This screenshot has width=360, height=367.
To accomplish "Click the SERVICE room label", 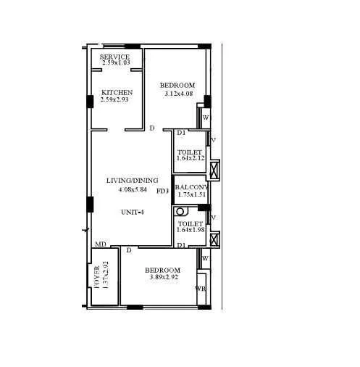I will coord(115,57).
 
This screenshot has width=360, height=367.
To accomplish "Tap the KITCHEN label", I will coord(117,93).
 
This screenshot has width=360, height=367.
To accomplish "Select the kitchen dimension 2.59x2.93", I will coord(117,100).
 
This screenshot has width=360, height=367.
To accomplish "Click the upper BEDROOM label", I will coord(177,86).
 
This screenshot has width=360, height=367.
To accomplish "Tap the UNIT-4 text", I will coord(133,212).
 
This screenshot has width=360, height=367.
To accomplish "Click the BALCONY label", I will coord(192,187).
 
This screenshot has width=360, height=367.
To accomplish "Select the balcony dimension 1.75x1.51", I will coord(192,194).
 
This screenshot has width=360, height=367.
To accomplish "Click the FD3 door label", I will coord(162,191).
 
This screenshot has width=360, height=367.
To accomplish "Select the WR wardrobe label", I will coord(200,289).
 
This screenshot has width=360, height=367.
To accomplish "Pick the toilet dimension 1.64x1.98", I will coord(191,231).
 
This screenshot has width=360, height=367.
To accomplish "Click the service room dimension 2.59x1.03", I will coord(115,64).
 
